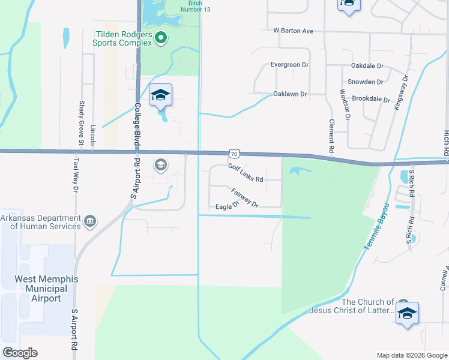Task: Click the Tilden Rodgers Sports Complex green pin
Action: [x=160, y=38]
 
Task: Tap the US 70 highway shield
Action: [x=234, y=154]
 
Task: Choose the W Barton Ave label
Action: [x=294, y=31]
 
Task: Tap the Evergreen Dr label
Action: [x=289, y=64]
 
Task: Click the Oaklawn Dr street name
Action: [x=290, y=94]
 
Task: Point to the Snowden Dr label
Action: [x=366, y=82]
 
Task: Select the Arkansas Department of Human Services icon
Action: [x=90, y=222]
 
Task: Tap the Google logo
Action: [x=20, y=353]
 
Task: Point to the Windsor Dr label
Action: [x=343, y=105]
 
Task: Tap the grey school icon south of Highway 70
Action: [x=160, y=164]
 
